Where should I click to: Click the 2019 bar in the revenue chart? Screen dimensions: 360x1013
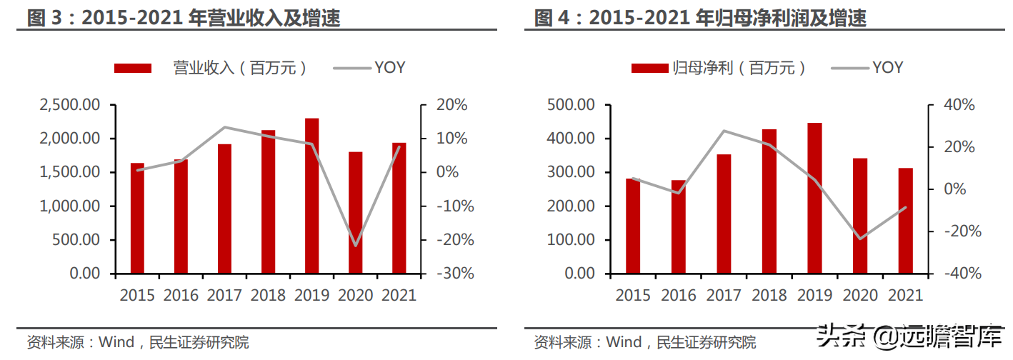pyautogui.click(x=311, y=196)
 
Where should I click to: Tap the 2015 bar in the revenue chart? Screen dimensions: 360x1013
pyautogui.click(x=137, y=218)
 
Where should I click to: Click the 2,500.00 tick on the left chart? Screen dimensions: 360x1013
pyautogui.click(x=69, y=105)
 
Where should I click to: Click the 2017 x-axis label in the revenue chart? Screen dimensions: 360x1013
pyautogui.click(x=224, y=295)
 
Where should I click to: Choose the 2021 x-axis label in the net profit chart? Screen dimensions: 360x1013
pyautogui.click(x=905, y=295)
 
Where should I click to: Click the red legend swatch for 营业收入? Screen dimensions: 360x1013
pyautogui.click(x=133, y=68)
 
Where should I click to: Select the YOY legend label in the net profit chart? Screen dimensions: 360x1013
pyautogui.click(x=888, y=68)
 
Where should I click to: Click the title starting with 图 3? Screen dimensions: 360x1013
pyautogui.click(x=183, y=17)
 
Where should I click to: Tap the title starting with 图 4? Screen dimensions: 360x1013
pyautogui.click(x=699, y=17)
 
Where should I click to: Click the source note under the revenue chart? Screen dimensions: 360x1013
pyautogui.click(x=137, y=343)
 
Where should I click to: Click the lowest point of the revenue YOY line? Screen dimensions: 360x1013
pyautogui.click(x=355, y=246)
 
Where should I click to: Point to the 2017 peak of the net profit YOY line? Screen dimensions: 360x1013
pyautogui.click(x=724, y=131)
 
